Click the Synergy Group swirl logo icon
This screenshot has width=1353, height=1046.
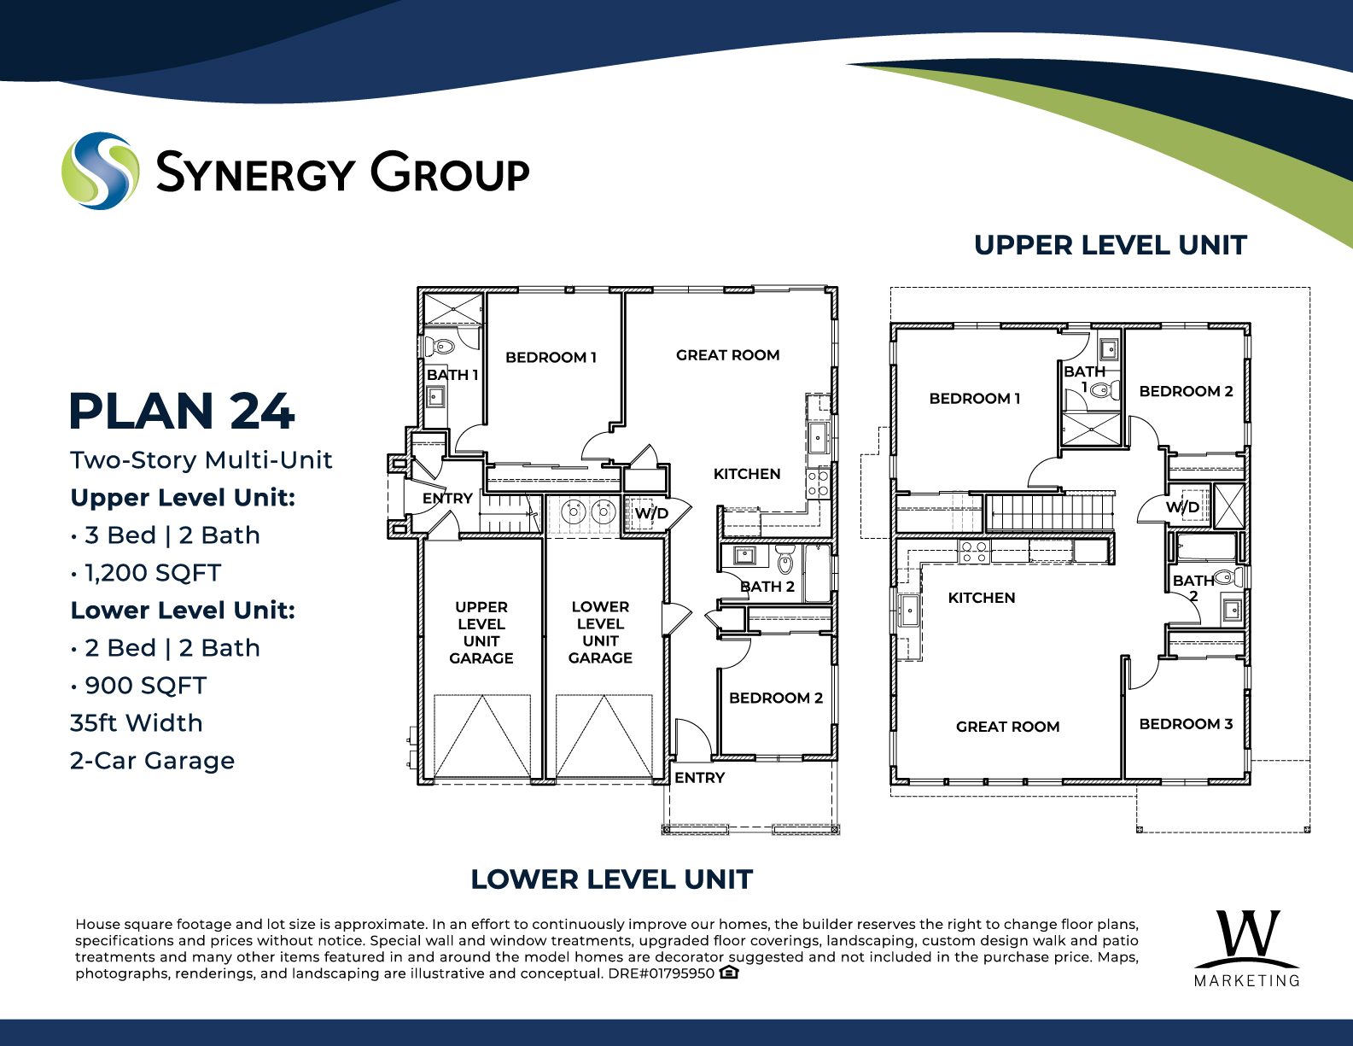(100, 171)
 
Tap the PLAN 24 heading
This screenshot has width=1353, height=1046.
(181, 411)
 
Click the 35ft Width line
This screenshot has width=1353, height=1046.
(137, 723)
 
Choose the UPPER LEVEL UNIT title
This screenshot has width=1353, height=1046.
(1111, 245)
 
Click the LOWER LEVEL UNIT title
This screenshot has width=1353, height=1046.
(611, 879)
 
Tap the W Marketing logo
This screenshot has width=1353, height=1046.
(1247, 949)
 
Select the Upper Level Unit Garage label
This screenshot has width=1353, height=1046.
(481, 632)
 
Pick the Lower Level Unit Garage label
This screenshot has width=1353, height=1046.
(600, 632)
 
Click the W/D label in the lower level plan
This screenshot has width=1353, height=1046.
(651, 514)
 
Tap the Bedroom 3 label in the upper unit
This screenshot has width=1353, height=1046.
(1186, 723)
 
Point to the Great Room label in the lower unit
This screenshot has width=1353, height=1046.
(728, 355)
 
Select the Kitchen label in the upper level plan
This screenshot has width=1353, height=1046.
(982, 598)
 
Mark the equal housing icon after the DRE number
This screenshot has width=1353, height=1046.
(728, 972)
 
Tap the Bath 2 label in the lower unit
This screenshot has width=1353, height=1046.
(767, 587)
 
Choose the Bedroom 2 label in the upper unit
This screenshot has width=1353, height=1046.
(1186, 391)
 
